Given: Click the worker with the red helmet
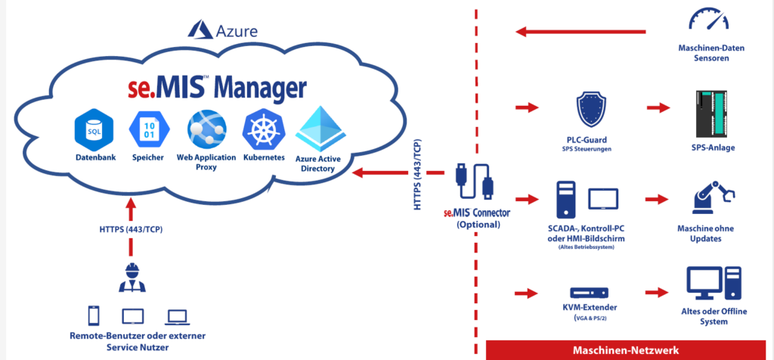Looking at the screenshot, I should click(132, 277).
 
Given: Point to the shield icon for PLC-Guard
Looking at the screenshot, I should click(592, 110).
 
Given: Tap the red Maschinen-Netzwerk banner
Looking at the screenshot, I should click(625, 350).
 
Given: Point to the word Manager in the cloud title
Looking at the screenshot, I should click(260, 88).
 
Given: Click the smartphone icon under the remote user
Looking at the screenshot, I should click(93, 315).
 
